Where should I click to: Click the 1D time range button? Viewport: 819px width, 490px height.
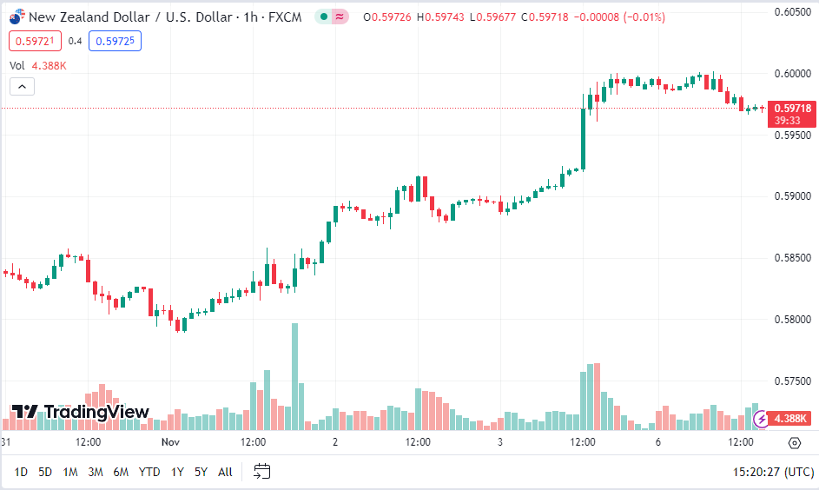pyautogui.click(x=21, y=472)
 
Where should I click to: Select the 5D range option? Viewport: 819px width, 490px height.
pyautogui.click(x=45, y=472)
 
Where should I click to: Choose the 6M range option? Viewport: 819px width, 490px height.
pyautogui.click(x=121, y=472)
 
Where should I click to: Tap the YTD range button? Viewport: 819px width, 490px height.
pyautogui.click(x=149, y=472)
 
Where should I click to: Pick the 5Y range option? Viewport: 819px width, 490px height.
pyautogui.click(x=201, y=472)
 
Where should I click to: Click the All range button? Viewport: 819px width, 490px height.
pyautogui.click(x=225, y=472)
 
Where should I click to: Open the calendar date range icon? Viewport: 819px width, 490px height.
pyautogui.click(x=262, y=472)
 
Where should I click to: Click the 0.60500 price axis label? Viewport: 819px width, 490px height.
pyautogui.click(x=792, y=11)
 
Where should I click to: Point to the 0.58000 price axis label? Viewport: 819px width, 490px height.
pyautogui.click(x=792, y=320)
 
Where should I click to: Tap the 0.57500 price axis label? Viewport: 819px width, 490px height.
pyautogui.click(x=792, y=381)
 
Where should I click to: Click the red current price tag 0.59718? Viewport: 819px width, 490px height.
pyautogui.click(x=791, y=109)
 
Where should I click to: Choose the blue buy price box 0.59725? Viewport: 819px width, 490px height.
pyautogui.click(x=115, y=41)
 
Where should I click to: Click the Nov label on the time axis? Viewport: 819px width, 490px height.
pyautogui.click(x=170, y=442)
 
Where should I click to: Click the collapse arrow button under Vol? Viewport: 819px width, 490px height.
pyautogui.click(x=23, y=86)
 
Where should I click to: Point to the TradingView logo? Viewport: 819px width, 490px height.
pyautogui.click(x=80, y=413)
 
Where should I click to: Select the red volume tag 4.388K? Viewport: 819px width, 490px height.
pyautogui.click(x=790, y=419)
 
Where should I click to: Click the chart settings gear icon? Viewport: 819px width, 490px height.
pyautogui.click(x=794, y=443)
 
